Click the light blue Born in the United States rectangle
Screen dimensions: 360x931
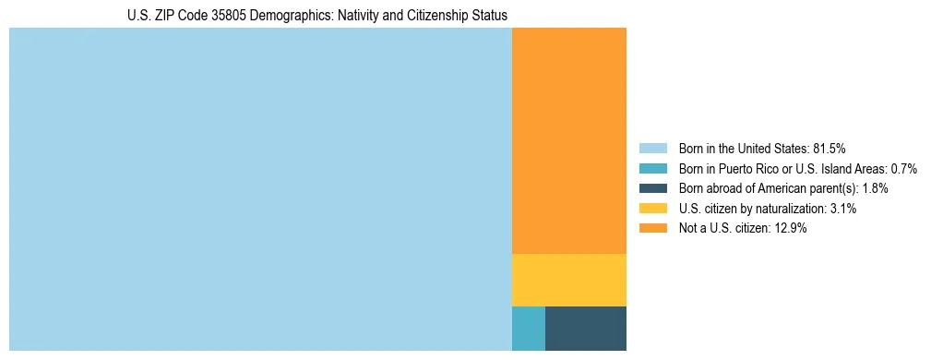tap(260, 189)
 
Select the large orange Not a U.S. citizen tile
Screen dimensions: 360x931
tap(568, 140)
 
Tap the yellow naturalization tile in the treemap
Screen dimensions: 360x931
tap(568, 280)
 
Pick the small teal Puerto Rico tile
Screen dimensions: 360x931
tap(528, 328)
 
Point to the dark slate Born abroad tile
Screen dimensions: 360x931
tap(585, 328)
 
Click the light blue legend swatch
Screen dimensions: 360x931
tap(652, 148)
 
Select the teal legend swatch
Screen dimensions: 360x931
tap(652, 168)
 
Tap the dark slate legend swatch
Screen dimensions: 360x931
tap(652, 188)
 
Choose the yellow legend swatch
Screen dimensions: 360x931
tap(652, 209)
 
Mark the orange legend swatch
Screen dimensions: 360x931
tap(652, 229)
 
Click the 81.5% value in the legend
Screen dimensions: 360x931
tap(829, 148)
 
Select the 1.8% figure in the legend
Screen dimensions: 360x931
tap(875, 188)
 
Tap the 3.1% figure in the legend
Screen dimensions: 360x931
tap(842, 209)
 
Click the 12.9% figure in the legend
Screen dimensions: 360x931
tap(791, 229)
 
